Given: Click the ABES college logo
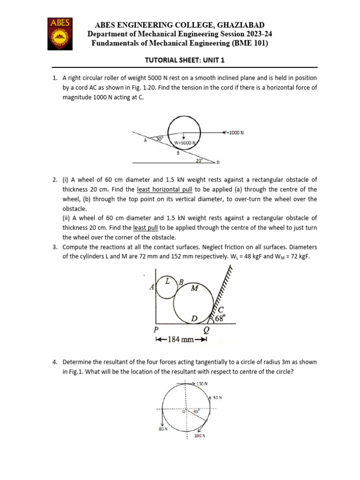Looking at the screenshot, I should coord(60,34).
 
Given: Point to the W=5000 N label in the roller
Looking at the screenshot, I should coord(184,142).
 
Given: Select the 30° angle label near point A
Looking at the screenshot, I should coord(160,139).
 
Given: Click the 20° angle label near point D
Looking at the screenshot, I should coord(200,160).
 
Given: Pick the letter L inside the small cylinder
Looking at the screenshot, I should coord(167,280).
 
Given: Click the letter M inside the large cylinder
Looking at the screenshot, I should coord(194,288).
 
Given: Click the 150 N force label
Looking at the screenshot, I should coord(202,383).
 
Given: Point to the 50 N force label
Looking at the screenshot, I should coord(217,397).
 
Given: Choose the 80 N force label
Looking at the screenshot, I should coord(163,428).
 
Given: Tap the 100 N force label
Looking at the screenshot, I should coord(200,435).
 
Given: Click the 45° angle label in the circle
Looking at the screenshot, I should coord(197,411).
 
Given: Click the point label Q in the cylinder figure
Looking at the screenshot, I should coord(207,330).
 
